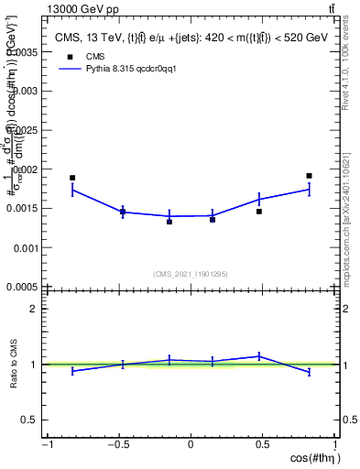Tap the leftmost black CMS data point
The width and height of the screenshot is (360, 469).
pyautogui.click(x=72, y=178)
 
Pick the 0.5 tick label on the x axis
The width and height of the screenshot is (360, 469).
pyautogui.click(x=263, y=445)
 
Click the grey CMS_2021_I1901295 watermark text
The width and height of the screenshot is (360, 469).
pyautogui.click(x=191, y=274)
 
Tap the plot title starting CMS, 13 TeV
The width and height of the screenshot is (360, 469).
pyautogui.click(x=190, y=37)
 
